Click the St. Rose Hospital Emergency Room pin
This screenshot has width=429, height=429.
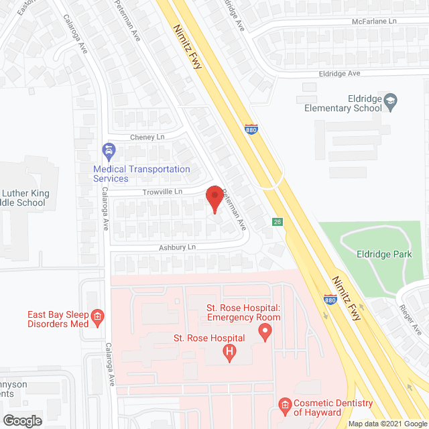click(265, 331)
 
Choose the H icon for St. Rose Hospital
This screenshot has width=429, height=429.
click(230, 351)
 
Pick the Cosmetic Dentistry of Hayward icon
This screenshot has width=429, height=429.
click(284, 404)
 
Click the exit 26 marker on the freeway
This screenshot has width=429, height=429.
click(277, 222)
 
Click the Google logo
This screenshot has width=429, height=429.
click(21, 421)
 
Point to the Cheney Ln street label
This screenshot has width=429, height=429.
click(147, 137)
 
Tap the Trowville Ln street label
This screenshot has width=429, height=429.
click(162, 192)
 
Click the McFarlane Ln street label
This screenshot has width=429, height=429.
click(384, 21)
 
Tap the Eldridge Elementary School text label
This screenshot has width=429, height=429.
click(343, 103)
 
